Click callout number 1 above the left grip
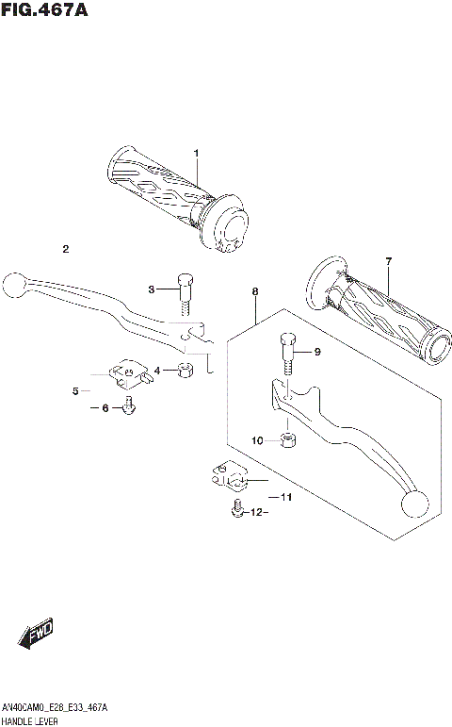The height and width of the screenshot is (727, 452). pyautogui.click(x=197, y=153)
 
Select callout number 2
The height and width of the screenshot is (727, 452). pyautogui.click(x=66, y=249)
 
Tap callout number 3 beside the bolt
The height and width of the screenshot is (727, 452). pyautogui.click(x=150, y=289)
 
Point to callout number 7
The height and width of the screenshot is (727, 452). pyautogui.click(x=387, y=260)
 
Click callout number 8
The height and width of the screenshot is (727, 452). pyautogui.click(x=255, y=292)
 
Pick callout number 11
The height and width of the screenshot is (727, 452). pyautogui.click(x=286, y=497)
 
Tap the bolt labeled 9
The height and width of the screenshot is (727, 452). pyautogui.click(x=287, y=354)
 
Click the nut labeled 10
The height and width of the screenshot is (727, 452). pyautogui.click(x=288, y=438)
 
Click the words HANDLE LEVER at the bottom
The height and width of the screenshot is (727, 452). pyautogui.click(x=32, y=720)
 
